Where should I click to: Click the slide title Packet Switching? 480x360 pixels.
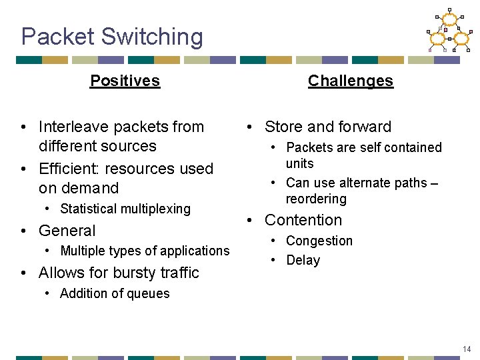(x=112, y=37)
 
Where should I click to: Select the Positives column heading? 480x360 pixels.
(x=125, y=81)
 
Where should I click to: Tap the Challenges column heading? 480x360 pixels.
(x=350, y=81)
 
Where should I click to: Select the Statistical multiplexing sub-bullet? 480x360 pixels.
(x=125, y=209)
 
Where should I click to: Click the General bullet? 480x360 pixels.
(x=67, y=231)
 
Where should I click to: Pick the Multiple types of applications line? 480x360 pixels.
(x=144, y=251)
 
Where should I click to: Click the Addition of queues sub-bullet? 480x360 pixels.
(x=115, y=293)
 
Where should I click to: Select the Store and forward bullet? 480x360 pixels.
(x=327, y=127)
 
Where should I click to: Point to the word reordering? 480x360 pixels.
(x=316, y=199)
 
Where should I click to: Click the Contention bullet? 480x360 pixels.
(x=303, y=220)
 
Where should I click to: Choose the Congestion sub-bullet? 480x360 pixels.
(x=319, y=241)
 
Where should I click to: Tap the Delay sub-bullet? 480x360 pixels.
(x=303, y=260)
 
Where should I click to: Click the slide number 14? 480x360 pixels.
(x=466, y=349)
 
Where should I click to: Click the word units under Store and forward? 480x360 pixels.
(x=299, y=163)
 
